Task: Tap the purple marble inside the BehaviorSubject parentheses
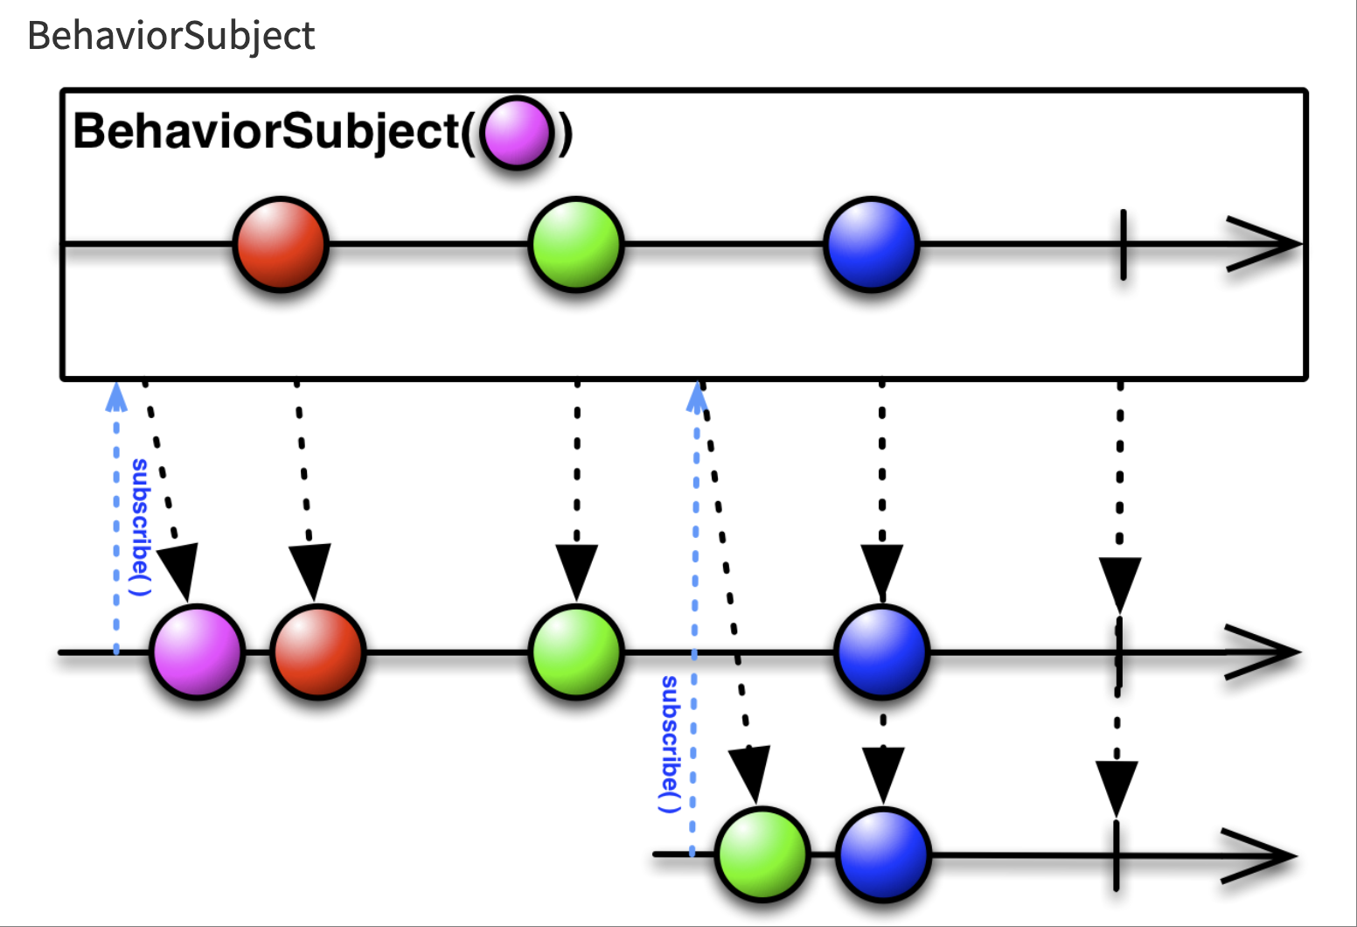(517, 132)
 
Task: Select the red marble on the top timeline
(281, 244)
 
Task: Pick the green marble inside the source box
(576, 244)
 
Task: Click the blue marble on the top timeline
(872, 244)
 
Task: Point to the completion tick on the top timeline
(1124, 245)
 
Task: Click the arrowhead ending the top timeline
(1263, 244)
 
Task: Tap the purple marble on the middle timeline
(197, 652)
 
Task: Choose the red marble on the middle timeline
(317, 652)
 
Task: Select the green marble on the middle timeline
(576, 652)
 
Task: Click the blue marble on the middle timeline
(881, 652)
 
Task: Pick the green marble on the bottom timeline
(762, 854)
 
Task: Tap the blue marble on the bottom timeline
(883, 854)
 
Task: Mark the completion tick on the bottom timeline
(1116, 855)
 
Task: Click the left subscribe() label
(140, 527)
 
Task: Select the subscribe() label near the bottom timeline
(670, 744)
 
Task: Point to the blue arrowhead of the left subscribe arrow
(115, 397)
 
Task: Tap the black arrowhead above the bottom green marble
(751, 774)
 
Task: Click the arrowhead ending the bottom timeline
(1259, 855)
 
